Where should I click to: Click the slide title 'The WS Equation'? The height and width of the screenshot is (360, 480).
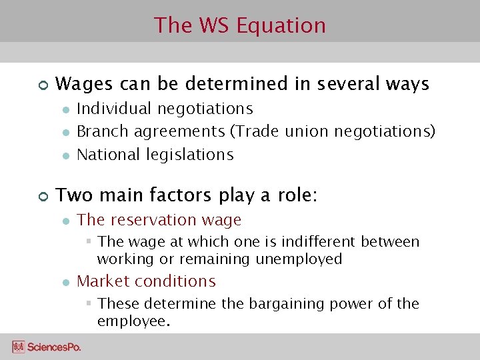pyautogui.click(x=240, y=25)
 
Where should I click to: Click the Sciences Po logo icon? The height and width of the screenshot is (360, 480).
pyautogui.click(x=18, y=347)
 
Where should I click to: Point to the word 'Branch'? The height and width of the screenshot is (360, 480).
pyautogui.click(x=103, y=131)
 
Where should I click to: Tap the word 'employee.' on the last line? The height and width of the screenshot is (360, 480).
pyautogui.click(x=134, y=321)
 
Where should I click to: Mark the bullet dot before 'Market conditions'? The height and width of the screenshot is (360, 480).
pyautogui.click(x=65, y=282)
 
